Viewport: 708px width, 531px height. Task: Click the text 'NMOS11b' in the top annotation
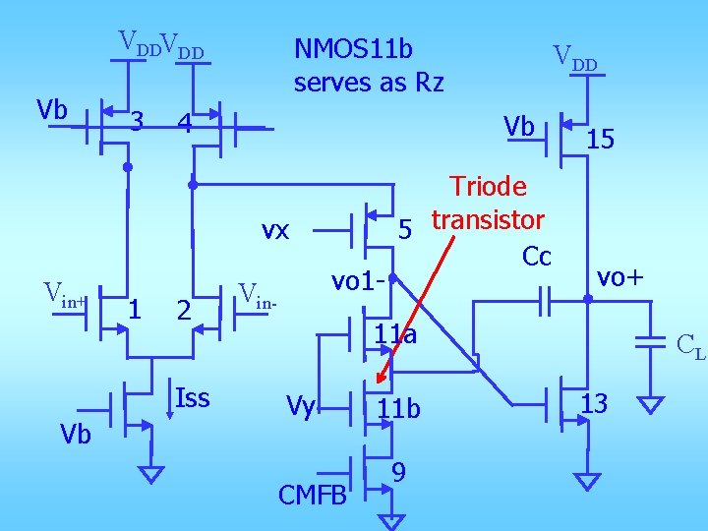pyautogui.click(x=354, y=48)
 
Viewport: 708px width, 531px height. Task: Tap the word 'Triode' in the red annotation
pyautogui.click(x=488, y=187)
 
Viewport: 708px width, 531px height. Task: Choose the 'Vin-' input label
pyautogui.click(x=260, y=293)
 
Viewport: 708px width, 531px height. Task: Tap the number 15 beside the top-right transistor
pyautogui.click(x=600, y=141)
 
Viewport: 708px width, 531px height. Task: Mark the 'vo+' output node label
pyautogui.click(x=621, y=278)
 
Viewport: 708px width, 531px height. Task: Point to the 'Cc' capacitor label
pyautogui.click(x=537, y=257)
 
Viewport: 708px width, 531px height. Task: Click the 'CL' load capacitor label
pyautogui.click(x=690, y=346)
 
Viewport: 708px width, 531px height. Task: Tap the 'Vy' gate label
pyautogui.click(x=300, y=405)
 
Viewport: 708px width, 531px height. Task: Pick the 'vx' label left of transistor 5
pyautogui.click(x=274, y=230)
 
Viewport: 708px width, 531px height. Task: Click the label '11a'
pyautogui.click(x=395, y=336)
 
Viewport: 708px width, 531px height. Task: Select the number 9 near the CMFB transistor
pyautogui.click(x=398, y=473)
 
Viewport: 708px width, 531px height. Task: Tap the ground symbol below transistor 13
pyautogui.click(x=586, y=481)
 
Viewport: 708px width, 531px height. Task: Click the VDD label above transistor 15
pyautogui.click(x=574, y=58)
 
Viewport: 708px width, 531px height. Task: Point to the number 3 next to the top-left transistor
pyautogui.click(x=139, y=121)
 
